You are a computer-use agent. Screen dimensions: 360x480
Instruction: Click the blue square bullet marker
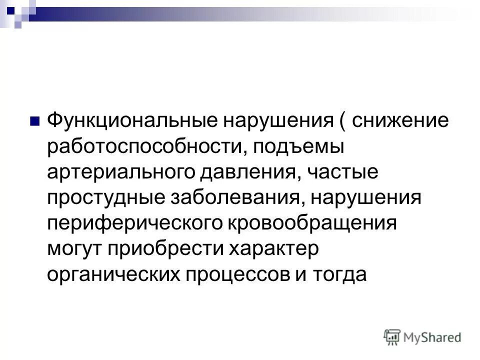click(34, 121)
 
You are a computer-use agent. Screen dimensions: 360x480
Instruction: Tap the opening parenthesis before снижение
click(343, 121)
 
